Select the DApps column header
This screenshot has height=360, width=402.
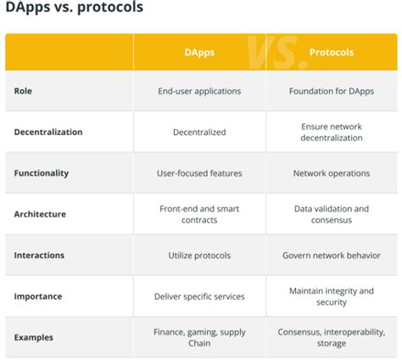[x=199, y=52]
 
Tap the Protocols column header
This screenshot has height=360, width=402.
[x=331, y=52]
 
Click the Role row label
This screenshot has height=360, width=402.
[x=23, y=91]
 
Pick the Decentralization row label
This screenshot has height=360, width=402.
[x=48, y=132]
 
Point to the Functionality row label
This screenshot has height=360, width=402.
[x=42, y=173]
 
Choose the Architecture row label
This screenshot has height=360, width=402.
[x=40, y=214]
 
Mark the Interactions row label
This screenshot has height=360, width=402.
[x=39, y=255]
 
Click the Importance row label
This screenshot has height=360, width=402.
[x=38, y=296]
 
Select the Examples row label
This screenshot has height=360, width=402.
[x=34, y=337]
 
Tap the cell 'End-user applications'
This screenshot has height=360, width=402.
[x=199, y=91]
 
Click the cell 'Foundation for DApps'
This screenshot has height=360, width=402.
[x=331, y=91]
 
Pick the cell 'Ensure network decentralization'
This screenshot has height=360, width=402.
[x=331, y=132]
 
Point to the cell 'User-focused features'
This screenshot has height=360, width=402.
[x=199, y=173]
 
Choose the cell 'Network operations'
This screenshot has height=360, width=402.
[x=331, y=173]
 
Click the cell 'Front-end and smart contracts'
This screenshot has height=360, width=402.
[x=199, y=214]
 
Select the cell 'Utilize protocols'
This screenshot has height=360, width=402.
[x=199, y=255]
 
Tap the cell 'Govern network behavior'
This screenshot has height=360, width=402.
[x=331, y=255]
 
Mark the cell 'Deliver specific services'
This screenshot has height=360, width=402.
[x=199, y=296]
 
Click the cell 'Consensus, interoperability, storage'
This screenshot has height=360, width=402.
[x=331, y=337]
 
